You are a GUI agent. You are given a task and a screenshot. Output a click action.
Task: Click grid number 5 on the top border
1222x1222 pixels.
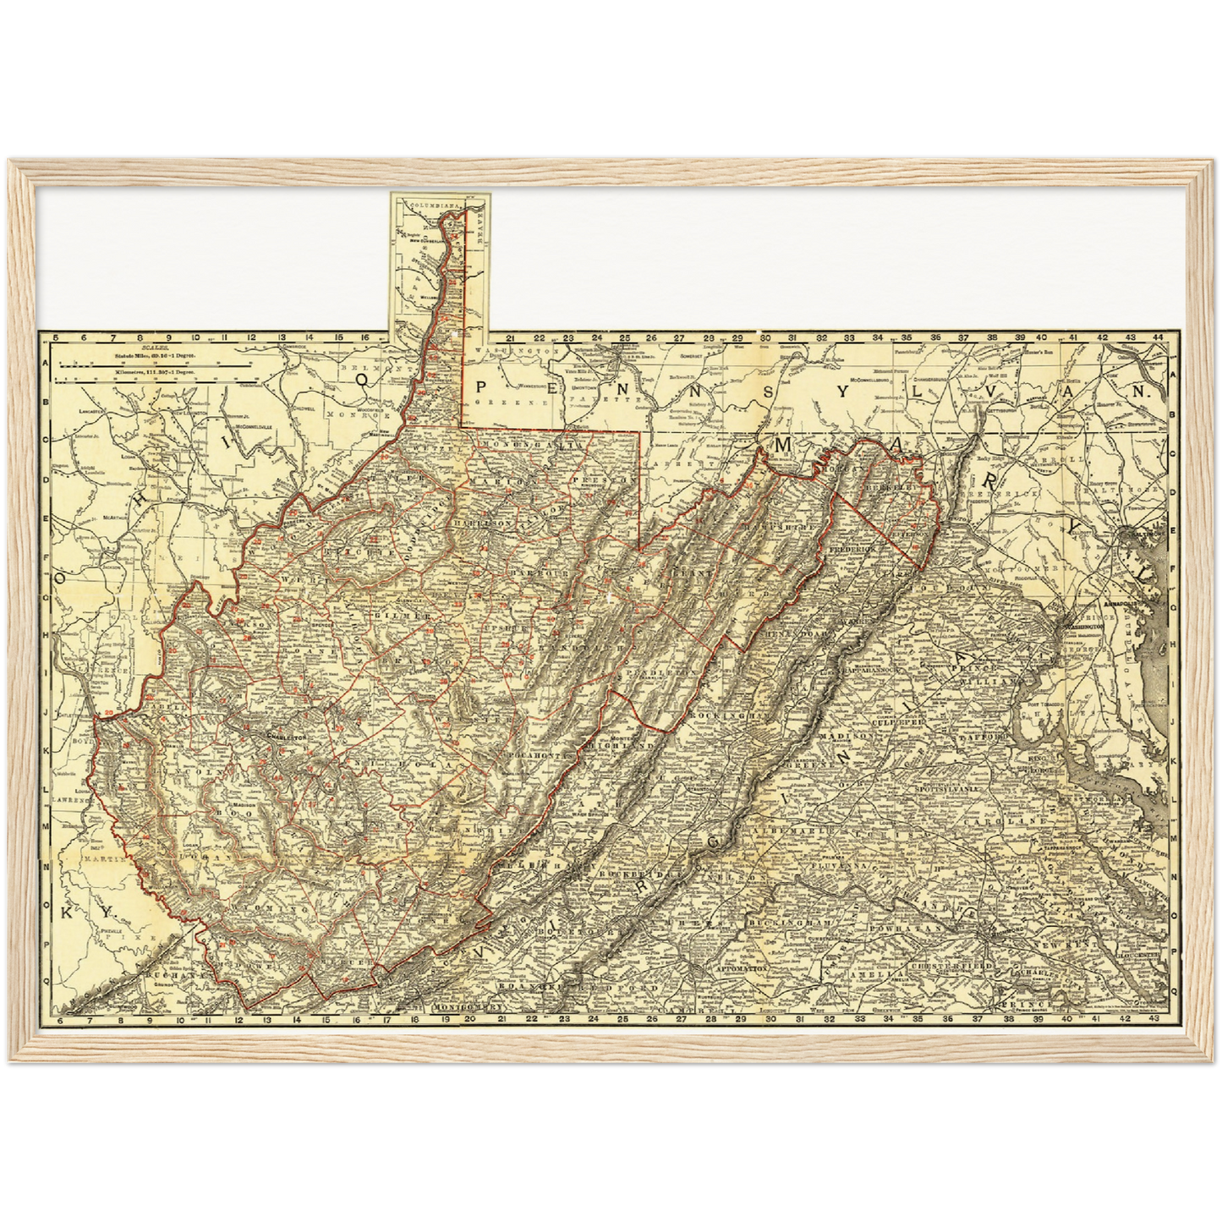[55, 337]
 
